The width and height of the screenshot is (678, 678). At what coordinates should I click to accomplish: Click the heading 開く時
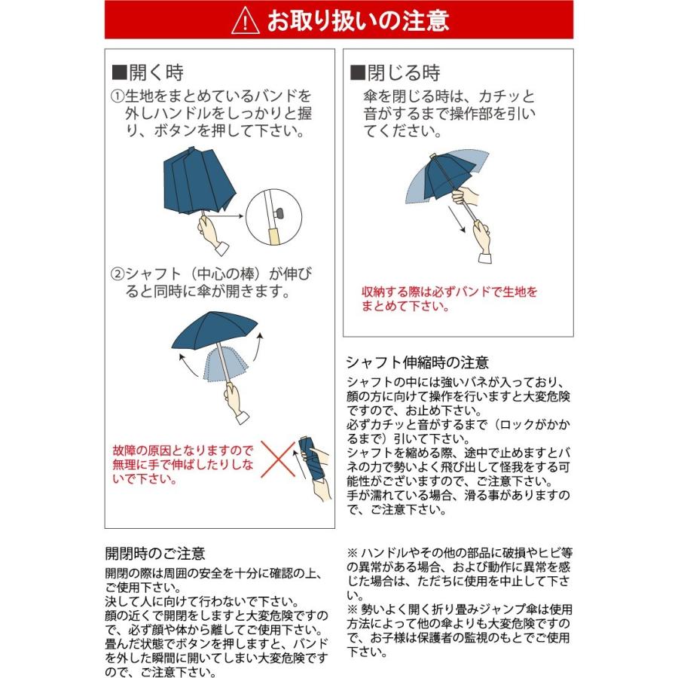pyautogui.click(x=148, y=73)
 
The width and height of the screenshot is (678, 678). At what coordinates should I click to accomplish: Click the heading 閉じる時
pyautogui.click(x=394, y=73)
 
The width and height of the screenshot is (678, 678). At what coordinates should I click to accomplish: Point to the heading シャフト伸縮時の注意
pyautogui.click(x=417, y=362)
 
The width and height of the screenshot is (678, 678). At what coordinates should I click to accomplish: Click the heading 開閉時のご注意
pyautogui.click(x=155, y=554)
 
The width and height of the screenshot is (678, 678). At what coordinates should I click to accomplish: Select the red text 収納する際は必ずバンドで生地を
pyautogui.click(x=450, y=292)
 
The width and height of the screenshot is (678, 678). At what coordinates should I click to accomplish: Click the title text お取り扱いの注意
pyautogui.click(x=358, y=20)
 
